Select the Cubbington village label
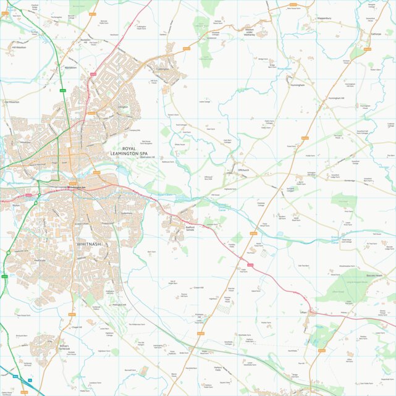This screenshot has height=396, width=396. coord(162,69)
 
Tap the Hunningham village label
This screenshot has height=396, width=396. coord(297,85)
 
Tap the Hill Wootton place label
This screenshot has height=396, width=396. coord(19,47)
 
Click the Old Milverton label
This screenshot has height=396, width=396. coord(12,101)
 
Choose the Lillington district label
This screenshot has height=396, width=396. coord(123,107)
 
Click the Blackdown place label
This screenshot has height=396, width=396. coord(70,67)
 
